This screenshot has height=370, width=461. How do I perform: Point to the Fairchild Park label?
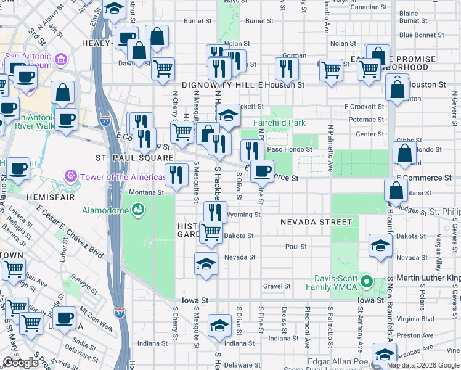[279, 123]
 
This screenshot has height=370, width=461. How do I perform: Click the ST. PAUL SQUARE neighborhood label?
[133, 158]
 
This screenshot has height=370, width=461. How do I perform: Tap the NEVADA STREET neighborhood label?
[316, 222]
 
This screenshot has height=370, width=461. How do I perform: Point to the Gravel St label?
[277, 286]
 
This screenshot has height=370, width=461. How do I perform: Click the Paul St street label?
[296, 247]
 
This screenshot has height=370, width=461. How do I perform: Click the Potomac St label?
[366, 120]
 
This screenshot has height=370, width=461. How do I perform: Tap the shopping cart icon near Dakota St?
[211, 232]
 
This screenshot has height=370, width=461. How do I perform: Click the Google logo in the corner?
[20, 363]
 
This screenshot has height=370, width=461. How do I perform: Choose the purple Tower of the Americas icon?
[71, 178]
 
